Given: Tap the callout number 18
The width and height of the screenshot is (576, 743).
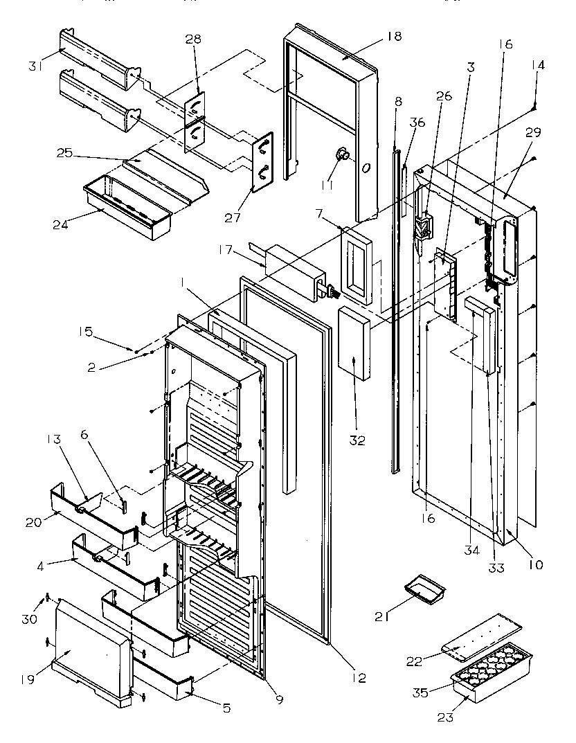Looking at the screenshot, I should tap(394, 37).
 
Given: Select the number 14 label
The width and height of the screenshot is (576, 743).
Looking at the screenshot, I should tap(538, 66).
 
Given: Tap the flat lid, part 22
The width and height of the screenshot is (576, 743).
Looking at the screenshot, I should tap(485, 634).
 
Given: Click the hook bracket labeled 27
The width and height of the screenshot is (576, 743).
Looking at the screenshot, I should tap(262, 161).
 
